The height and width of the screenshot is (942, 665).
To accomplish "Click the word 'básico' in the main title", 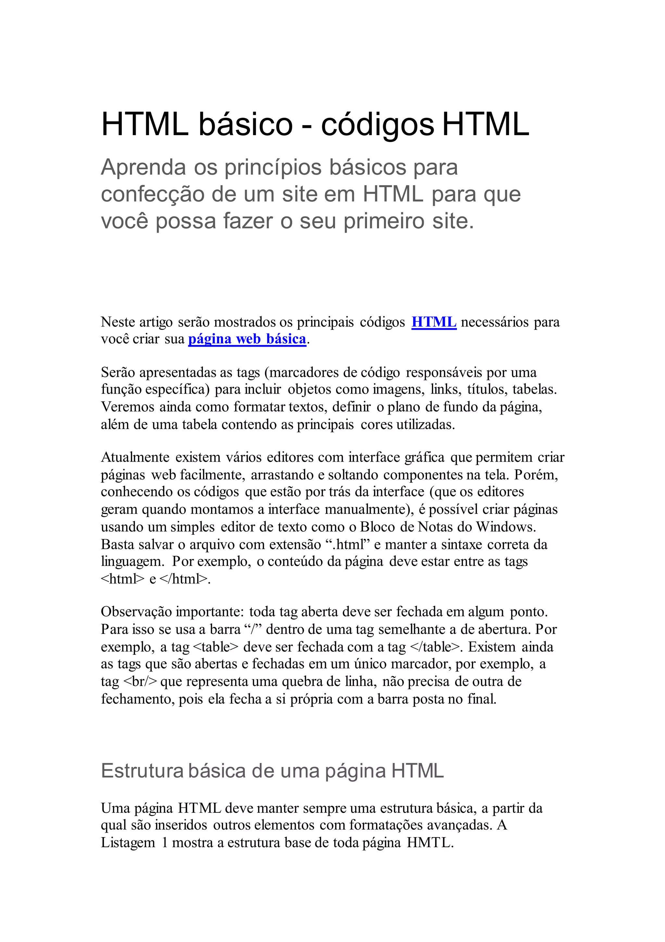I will coord(246,124).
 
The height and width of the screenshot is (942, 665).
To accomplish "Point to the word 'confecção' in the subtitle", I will coord(153,195).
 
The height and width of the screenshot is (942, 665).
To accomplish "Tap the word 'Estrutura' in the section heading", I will coord(142,771).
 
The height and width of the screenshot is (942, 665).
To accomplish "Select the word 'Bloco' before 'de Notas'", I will coord(377,527).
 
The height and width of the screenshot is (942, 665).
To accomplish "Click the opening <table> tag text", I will coord(215,647).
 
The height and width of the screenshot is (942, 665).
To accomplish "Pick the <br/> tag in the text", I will coord(140,681).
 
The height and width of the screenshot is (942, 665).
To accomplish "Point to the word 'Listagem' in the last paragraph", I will coord(128,842).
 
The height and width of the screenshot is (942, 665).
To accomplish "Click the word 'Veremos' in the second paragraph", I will coord(127,407).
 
